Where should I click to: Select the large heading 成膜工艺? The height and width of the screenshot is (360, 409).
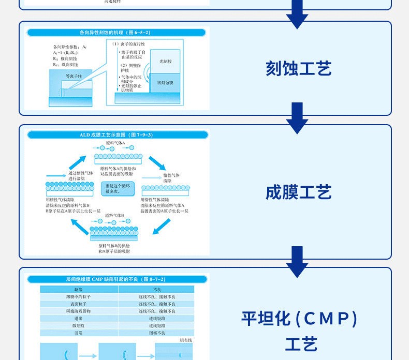coord(298,192)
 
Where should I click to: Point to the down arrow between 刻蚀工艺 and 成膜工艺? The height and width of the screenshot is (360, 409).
coord(297,117)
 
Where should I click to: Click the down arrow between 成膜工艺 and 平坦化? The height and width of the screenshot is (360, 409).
coord(297,261)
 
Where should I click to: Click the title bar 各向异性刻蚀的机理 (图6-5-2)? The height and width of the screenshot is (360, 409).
coord(118,33)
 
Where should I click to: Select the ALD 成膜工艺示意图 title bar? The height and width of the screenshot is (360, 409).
coord(118,135)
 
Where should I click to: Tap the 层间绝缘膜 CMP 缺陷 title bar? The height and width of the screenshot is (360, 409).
coord(118,279)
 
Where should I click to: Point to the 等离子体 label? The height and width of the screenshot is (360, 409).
coord(74,76)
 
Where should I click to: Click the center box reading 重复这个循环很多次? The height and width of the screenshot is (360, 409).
coord(118,188)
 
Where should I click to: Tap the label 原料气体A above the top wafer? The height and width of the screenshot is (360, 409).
coord(115,142)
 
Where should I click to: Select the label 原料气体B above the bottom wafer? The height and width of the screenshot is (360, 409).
coord(115,215)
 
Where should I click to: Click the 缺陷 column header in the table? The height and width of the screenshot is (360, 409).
coord(79,289)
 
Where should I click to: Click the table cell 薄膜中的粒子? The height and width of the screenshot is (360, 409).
coord(79,296)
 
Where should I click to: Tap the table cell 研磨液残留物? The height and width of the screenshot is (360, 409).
coord(79,311)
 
